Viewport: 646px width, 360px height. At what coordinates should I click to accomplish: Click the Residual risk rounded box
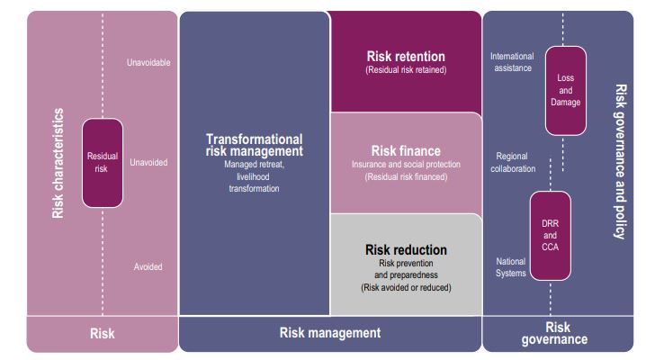(103, 163)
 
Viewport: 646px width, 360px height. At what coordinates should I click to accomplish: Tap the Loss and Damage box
(566, 91)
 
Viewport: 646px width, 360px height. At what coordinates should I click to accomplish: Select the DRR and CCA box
(551, 236)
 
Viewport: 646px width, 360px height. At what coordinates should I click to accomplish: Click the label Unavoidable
(148, 63)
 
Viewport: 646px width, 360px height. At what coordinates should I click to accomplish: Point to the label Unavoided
(148, 162)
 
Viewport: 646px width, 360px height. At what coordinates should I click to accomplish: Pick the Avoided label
(148, 267)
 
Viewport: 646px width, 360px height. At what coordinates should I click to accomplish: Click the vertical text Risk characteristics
(58, 163)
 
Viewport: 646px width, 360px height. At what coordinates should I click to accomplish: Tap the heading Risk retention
(406, 56)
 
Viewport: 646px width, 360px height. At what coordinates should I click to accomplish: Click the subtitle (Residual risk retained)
(406, 69)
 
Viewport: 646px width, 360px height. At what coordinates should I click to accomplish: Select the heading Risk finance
(406, 151)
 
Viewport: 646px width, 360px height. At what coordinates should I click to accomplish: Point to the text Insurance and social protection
(406, 164)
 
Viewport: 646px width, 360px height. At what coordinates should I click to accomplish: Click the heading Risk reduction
(406, 249)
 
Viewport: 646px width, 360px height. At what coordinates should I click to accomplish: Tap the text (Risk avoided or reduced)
(406, 287)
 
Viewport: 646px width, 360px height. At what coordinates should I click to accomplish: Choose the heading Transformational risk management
(255, 145)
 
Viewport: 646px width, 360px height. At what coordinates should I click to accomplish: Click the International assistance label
(512, 62)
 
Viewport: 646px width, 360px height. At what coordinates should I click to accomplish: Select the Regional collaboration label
(513, 162)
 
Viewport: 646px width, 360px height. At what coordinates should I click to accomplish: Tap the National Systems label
(511, 267)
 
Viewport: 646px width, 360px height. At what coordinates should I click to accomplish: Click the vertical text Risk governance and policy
(621, 161)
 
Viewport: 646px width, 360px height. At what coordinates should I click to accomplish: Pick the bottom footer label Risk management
(330, 332)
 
